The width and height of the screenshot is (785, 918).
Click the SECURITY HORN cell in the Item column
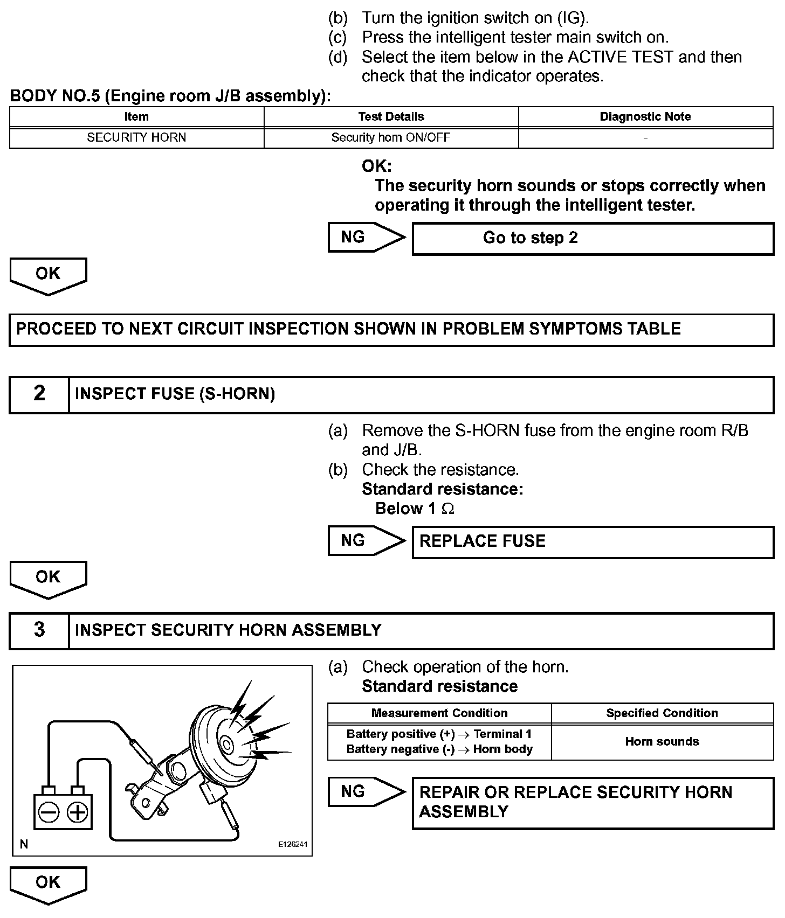[136, 137]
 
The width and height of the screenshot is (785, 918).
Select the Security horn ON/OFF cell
[391, 137]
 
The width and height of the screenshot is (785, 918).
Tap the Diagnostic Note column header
[645, 117]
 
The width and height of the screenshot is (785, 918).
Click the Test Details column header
[391, 117]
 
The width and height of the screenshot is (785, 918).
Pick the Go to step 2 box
[593, 238]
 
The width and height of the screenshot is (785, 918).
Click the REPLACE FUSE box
[593, 541]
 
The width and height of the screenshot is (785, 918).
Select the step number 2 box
[39, 394]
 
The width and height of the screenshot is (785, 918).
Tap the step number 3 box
[39, 630]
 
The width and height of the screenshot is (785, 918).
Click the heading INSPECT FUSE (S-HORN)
[175, 394]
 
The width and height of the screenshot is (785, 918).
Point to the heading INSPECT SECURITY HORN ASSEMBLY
[228, 630]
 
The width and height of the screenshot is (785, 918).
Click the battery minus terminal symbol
[50, 812]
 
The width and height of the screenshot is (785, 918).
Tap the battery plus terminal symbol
[78, 812]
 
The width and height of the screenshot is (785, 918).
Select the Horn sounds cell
[662, 741]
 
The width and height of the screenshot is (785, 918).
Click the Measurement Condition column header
[439, 713]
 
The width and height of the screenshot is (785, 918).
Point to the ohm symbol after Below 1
[448, 509]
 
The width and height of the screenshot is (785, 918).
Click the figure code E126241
[293, 844]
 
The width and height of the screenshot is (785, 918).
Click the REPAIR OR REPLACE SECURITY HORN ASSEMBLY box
[593, 802]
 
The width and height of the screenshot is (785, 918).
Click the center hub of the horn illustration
[226, 746]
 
